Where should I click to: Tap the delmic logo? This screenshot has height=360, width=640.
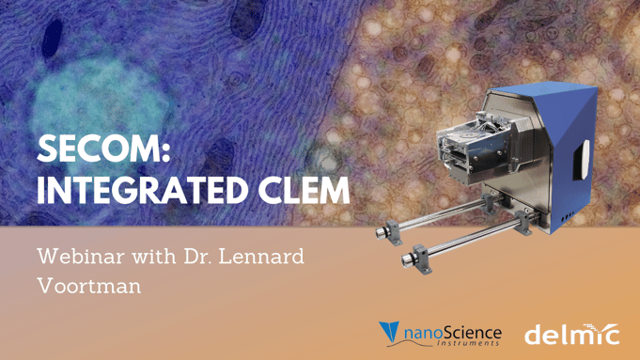coord(570,334)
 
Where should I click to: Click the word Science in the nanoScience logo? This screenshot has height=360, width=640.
coord(471,331)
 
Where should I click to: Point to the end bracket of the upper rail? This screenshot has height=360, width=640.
coord(385,226)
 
